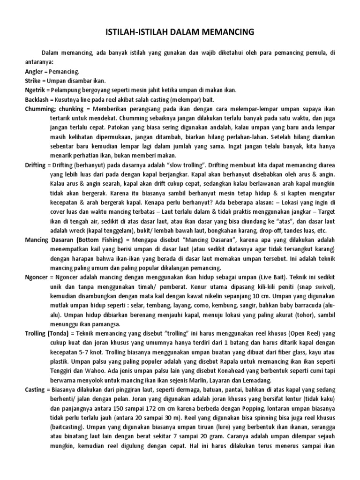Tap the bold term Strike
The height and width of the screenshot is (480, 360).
tap(34, 80)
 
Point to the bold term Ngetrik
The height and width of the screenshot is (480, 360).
tap(36, 90)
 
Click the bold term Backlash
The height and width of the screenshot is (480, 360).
tap(38, 99)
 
